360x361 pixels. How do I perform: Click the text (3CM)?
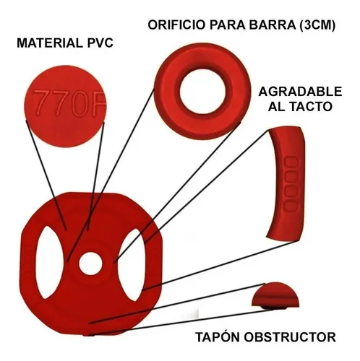coord(317,25)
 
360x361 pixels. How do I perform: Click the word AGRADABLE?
coord(300,92)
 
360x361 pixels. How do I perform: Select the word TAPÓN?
coord(218,336)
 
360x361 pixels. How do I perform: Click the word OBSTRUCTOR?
coord(290,337)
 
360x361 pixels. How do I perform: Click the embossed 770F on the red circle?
coord(69,103)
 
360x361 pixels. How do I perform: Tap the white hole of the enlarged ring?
coord(202,92)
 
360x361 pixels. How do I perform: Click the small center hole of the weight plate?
coord(90,263)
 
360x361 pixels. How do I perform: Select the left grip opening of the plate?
coord(49,262)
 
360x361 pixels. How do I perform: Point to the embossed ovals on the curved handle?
coord(291,184)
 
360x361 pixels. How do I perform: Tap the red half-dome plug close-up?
coord(275,295)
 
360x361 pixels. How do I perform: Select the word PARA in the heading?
coord(227,25)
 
